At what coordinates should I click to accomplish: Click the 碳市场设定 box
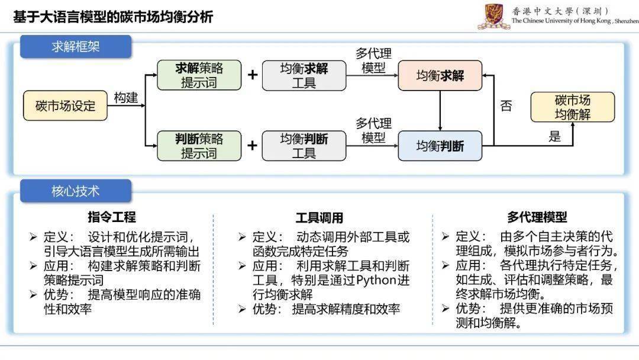point(65,105)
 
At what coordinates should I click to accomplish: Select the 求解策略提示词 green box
point(199,75)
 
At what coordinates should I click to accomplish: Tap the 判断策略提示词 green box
point(199,146)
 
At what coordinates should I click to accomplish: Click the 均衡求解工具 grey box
point(304,75)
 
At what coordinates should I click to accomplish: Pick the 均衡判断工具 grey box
point(304,146)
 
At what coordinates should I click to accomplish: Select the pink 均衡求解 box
point(440,75)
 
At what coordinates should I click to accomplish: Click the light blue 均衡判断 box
point(440,146)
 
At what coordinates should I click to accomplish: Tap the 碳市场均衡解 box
point(573,107)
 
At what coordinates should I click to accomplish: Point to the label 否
point(506,106)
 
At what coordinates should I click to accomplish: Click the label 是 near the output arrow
point(554,136)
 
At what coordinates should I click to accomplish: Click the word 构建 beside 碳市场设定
point(126,98)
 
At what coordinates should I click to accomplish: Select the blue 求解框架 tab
point(76,46)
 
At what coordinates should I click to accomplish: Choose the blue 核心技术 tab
point(76,191)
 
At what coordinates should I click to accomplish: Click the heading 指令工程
point(112,217)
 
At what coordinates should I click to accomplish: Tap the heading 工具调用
point(319,218)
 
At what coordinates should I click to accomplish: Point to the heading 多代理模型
point(537,217)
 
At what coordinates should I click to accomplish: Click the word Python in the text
point(376,281)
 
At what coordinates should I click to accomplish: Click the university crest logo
point(494,17)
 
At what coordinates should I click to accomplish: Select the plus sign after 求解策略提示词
point(253,75)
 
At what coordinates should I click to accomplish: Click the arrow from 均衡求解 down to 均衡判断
point(440,111)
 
